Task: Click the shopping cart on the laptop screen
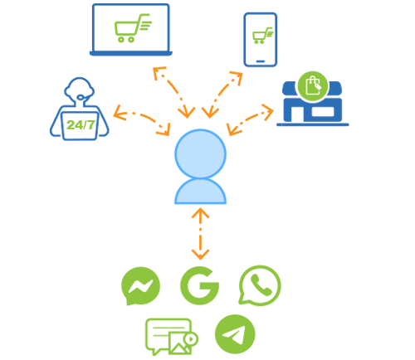[132, 28]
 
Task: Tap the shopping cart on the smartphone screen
[262, 36]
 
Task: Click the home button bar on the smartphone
[261, 61]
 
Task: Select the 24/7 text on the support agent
[81, 125]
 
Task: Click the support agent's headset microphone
[81, 97]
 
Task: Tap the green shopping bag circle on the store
[313, 86]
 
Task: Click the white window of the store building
[323, 111]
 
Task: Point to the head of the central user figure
[200, 153]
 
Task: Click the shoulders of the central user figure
[200, 192]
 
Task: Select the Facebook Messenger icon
[140, 286]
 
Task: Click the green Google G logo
[200, 285]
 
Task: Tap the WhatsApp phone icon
[260, 285]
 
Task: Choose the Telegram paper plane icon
[235, 334]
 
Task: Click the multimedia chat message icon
[171, 337]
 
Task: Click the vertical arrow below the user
[200, 234]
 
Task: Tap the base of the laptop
[131, 53]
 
